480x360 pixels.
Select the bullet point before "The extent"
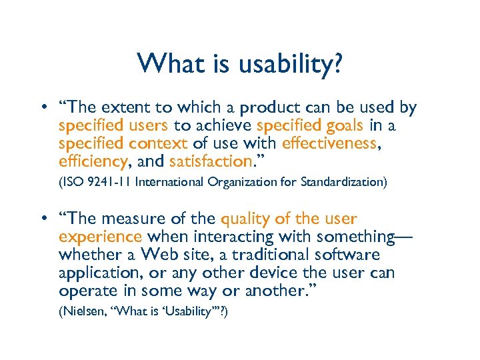42,108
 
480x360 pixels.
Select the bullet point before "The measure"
42,219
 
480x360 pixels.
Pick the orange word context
159,143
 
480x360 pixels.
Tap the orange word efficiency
92,161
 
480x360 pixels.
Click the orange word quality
244,219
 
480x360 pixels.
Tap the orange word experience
100,237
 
